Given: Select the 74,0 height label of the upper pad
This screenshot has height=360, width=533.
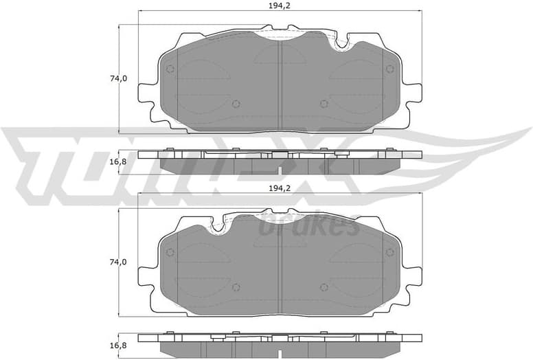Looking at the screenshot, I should coord(117,78).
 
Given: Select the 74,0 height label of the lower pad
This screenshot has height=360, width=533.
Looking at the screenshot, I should coord(117,262).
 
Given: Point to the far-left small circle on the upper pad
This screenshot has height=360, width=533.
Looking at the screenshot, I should coord(170,69).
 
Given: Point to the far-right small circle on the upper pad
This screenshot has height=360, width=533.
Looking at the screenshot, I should coord(389,69).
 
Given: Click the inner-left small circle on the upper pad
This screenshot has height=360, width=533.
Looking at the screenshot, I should coord(236,104).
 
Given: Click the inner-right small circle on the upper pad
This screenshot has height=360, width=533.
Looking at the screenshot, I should coord(324,104).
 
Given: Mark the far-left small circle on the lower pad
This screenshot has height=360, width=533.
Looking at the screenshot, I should coord(170,252).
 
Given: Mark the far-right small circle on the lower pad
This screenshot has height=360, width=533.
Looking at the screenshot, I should coord(389,252).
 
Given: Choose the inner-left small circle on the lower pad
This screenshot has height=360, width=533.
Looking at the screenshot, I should coord(236,287).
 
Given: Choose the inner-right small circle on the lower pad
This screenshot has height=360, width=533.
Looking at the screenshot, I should coord(324,287).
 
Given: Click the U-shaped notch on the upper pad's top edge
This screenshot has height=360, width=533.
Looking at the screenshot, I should coord(340,43).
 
